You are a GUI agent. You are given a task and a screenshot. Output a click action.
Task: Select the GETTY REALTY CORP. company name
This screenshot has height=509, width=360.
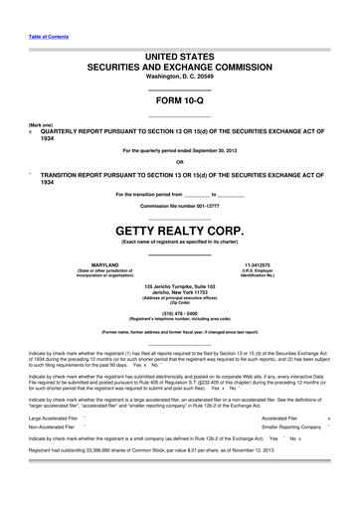(179, 228)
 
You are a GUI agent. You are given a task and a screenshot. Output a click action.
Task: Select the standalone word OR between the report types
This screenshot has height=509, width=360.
(179, 162)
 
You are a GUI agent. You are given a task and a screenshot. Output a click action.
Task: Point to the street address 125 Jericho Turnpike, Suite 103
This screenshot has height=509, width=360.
(179, 285)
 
